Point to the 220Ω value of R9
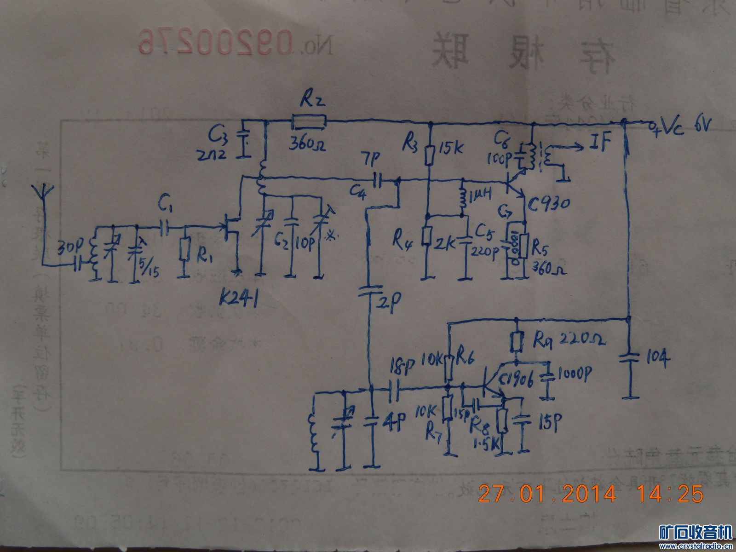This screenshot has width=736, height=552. tap(582, 339)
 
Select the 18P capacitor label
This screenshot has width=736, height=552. tap(402, 367)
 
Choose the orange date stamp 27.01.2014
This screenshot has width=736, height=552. tap(547, 494)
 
